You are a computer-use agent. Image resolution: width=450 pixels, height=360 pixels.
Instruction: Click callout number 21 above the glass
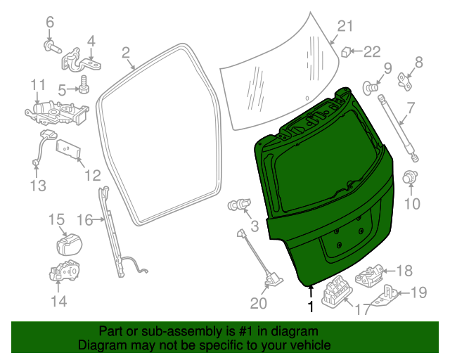tap(344, 27)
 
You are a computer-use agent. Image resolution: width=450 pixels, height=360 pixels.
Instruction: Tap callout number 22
tap(371, 51)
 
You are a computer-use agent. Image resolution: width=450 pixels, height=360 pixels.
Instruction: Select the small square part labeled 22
tap(347, 51)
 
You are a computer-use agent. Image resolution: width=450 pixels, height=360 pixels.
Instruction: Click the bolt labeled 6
tap(51, 46)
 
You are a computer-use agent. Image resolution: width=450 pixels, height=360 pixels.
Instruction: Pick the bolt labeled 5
tap(82, 88)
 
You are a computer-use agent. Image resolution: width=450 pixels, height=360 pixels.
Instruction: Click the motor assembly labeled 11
tap(56, 111)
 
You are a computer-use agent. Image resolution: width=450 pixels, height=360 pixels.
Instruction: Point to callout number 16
tap(84, 220)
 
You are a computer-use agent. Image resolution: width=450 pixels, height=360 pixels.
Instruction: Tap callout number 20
tap(258, 304)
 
